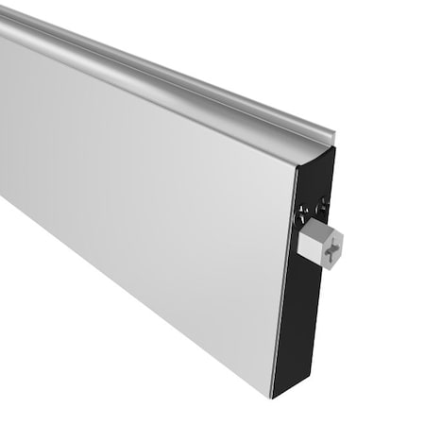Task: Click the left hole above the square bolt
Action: (302, 210)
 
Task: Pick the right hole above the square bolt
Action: (324, 203)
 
